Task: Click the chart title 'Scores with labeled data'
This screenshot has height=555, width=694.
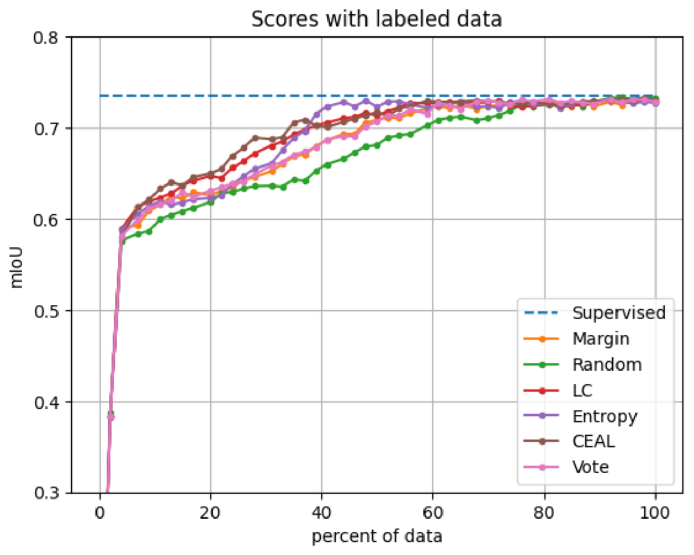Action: pyautogui.click(x=376, y=20)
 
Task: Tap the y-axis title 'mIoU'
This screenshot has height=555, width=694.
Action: pyautogui.click(x=16, y=267)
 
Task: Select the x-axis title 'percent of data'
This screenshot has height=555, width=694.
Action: pyautogui.click(x=377, y=536)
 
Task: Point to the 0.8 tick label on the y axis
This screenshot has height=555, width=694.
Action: pyautogui.click(x=46, y=38)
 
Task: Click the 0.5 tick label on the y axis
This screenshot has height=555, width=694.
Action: pyautogui.click(x=46, y=311)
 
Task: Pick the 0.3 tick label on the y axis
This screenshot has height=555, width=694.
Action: pyautogui.click(x=46, y=493)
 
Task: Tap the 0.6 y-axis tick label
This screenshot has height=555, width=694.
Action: pyautogui.click(x=46, y=220)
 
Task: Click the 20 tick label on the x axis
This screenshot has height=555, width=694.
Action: pyautogui.click(x=210, y=512)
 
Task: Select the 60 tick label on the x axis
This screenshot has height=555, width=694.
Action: pyautogui.click(x=433, y=512)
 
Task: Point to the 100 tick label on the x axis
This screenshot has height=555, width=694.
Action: pyautogui.click(x=655, y=512)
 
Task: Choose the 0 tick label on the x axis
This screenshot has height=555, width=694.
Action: pyautogui.click(x=100, y=512)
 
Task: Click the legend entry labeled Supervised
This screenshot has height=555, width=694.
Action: pyautogui.click(x=619, y=313)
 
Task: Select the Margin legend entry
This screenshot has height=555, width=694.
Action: pyautogui.click(x=601, y=339)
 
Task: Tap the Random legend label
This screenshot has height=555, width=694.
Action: pyautogui.click(x=607, y=364)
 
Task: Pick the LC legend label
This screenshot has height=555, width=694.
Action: pyautogui.click(x=583, y=391)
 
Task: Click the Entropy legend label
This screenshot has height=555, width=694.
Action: pyautogui.click(x=605, y=416)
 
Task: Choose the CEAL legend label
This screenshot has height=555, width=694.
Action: pyautogui.click(x=593, y=441)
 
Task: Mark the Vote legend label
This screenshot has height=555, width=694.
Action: pyautogui.click(x=590, y=467)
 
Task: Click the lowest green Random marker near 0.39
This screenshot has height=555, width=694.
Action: pyautogui.click(x=110, y=413)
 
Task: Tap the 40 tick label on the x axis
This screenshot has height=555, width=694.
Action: pyautogui.click(x=322, y=512)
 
